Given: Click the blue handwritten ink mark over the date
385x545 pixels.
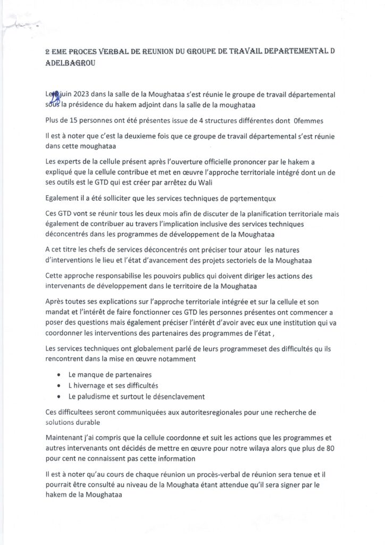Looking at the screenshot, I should point(53,94).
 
